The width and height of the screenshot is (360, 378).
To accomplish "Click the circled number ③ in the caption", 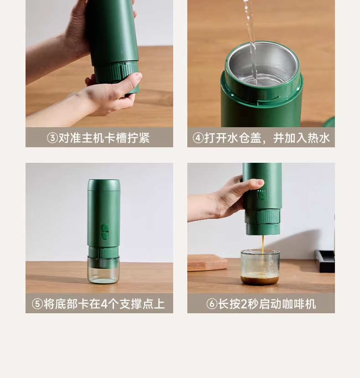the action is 52,138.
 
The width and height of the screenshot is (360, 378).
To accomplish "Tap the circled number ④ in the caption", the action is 198,138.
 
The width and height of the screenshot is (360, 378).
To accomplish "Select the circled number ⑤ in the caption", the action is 37,304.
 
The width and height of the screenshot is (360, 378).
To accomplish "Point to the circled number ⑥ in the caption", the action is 212,304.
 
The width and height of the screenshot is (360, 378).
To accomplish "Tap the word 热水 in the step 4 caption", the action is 319,138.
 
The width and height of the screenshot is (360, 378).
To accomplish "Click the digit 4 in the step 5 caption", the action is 104,304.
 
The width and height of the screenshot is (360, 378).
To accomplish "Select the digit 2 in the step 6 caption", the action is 244,304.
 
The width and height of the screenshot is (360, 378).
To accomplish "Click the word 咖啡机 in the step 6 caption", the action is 299,304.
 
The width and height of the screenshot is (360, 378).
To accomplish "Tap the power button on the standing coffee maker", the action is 105,228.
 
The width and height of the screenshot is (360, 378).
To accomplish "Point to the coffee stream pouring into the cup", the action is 262,254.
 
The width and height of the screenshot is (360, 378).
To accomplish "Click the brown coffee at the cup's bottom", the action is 260,280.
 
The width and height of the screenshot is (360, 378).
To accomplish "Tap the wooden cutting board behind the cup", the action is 207,263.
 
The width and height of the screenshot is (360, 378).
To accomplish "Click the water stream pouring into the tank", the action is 251,41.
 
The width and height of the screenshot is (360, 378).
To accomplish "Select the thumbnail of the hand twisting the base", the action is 99,63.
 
